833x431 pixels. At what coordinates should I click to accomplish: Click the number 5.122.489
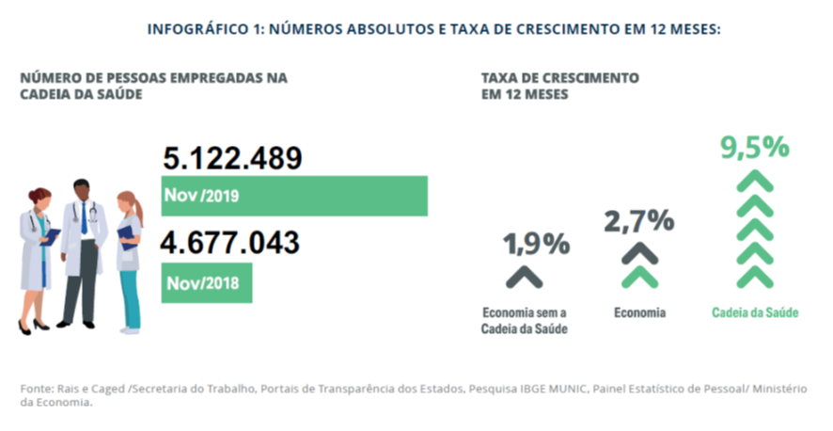[232, 158]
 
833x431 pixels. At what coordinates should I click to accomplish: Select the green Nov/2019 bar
[294, 196]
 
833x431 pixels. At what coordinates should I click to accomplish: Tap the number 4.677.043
[230, 243]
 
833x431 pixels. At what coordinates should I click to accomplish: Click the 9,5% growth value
[753, 150]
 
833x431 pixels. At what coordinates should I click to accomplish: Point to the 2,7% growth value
[639, 222]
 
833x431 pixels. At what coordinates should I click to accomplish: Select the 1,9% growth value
[536, 245]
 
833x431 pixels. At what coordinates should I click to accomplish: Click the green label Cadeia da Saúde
[754, 312]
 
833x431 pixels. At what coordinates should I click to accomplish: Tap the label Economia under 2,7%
[639, 312]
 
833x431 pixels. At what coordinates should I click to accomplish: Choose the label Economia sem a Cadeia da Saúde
[524, 320]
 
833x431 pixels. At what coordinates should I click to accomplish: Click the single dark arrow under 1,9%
[525, 277]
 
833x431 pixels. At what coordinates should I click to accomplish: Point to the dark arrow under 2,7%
[639, 252]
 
